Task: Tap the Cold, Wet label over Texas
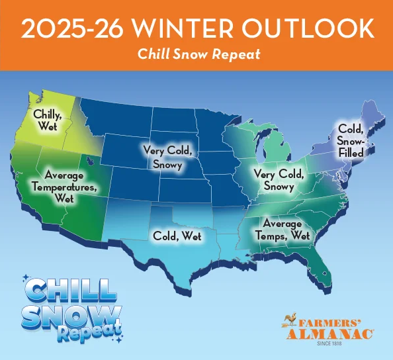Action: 177,235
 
